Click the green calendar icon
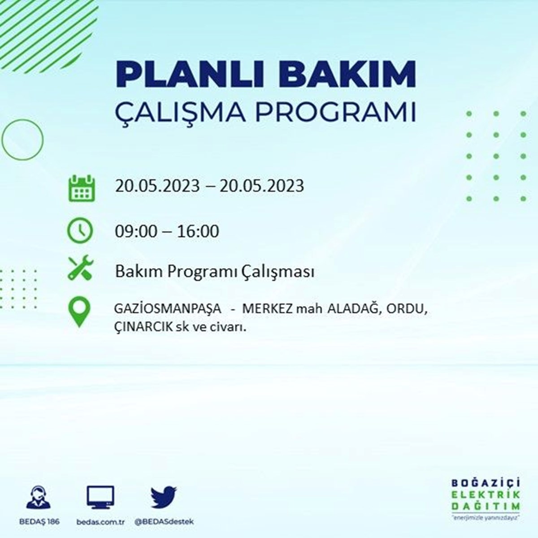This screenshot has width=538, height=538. [x=82, y=188]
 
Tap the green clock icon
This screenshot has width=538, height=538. [x=80, y=230]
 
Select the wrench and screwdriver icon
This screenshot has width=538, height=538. [x=81, y=267]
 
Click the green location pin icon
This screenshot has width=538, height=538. [x=79, y=312]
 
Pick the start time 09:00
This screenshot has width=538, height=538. [x=136, y=231]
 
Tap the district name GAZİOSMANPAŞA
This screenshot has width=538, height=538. [x=168, y=309]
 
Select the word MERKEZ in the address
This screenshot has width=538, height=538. [x=267, y=309]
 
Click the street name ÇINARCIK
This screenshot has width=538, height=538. [x=143, y=327]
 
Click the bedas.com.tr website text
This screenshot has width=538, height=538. [x=100, y=521]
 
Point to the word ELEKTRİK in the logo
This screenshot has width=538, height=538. [x=486, y=495]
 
